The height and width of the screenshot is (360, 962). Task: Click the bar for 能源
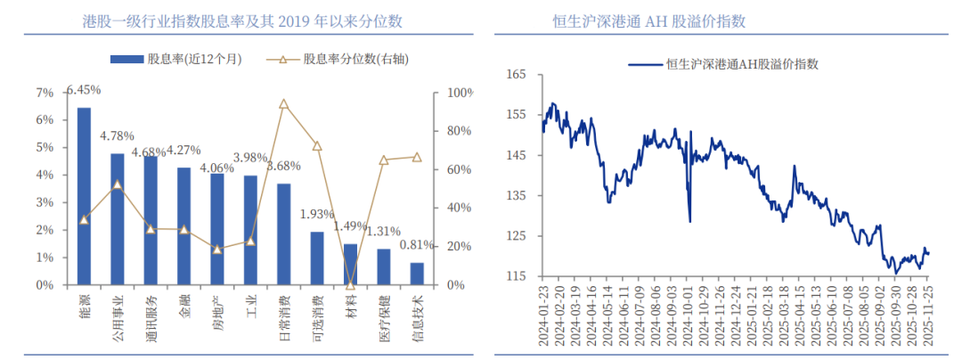pyautogui.click(x=84, y=196)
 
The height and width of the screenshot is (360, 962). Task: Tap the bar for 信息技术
pyautogui.click(x=417, y=274)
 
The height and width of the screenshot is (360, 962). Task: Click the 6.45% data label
pyautogui.click(x=84, y=90)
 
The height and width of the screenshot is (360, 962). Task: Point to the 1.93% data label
pyautogui.click(x=316, y=215)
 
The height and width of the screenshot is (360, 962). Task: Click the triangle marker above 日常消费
pyautogui.click(x=283, y=104)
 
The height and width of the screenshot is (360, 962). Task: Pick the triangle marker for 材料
pyautogui.click(x=350, y=284)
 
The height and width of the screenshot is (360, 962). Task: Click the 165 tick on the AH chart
pyautogui.click(x=515, y=75)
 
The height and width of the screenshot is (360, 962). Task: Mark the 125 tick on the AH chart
pyautogui.click(x=515, y=236)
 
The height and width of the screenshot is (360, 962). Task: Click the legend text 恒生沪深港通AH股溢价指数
pyautogui.click(x=743, y=63)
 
